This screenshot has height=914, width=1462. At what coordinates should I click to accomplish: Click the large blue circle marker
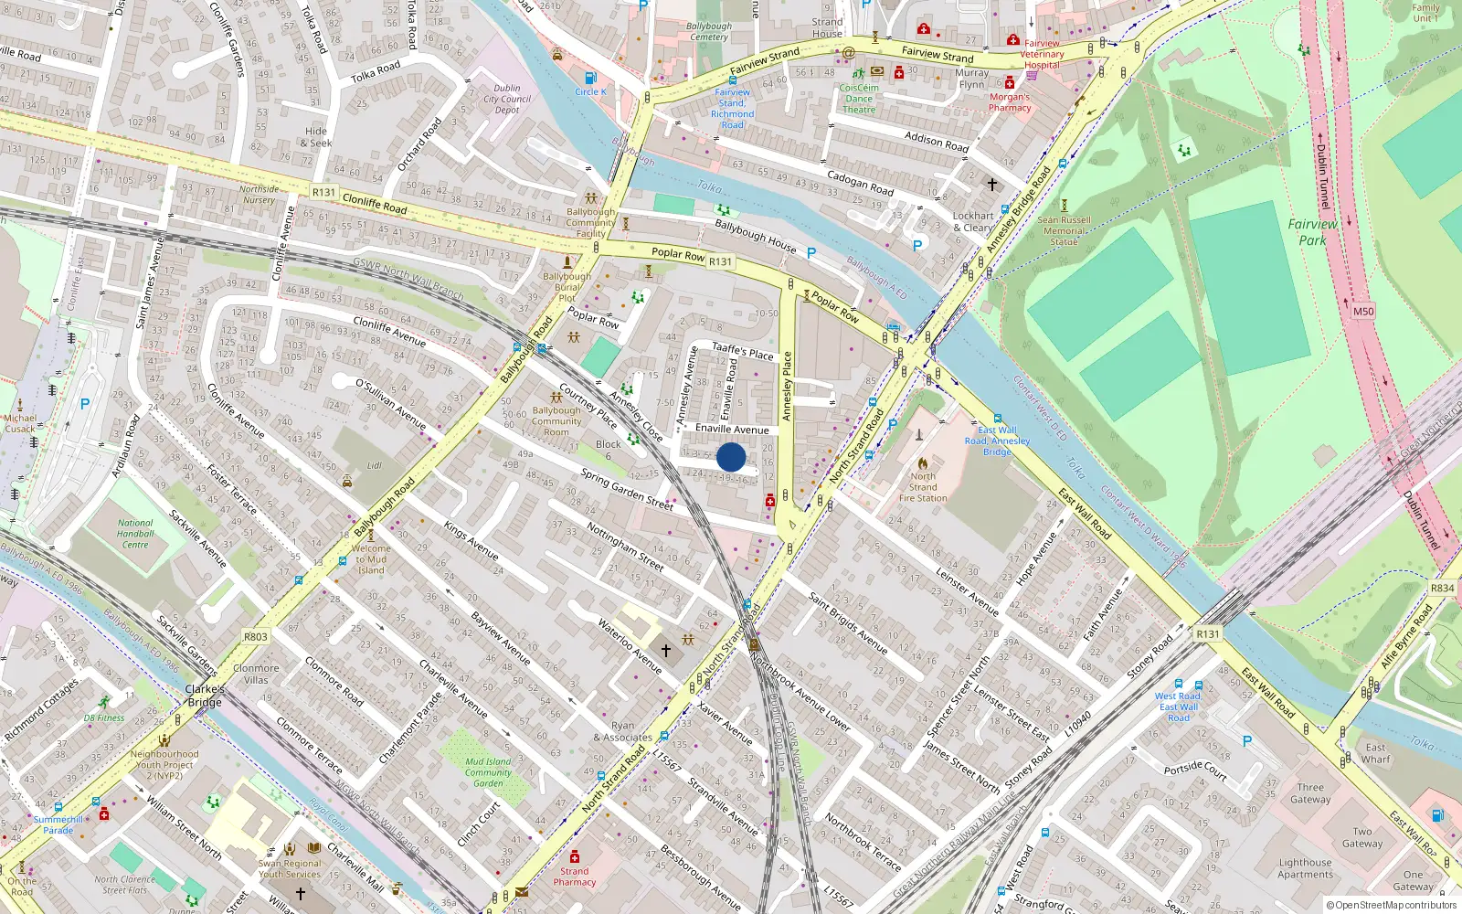click(731, 457)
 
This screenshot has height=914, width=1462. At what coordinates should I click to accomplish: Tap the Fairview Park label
click(1312, 232)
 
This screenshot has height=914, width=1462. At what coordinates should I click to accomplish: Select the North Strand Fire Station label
click(923, 487)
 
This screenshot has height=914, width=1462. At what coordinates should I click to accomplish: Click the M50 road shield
click(1362, 312)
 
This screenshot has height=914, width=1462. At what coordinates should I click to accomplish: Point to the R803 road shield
click(256, 637)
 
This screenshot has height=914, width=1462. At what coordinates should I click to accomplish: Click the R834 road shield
click(1442, 589)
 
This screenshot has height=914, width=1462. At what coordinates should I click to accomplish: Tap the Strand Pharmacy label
click(574, 877)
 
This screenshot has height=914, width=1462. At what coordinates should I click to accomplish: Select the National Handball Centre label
click(135, 534)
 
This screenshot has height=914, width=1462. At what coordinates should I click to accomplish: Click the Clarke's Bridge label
click(205, 696)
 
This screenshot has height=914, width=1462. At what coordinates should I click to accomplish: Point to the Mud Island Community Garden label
click(488, 772)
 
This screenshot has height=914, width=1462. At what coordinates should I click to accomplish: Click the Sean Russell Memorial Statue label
click(1064, 230)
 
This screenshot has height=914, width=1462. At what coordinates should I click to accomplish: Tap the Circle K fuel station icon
click(590, 79)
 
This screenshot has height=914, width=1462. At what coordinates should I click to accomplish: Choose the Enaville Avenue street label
click(732, 429)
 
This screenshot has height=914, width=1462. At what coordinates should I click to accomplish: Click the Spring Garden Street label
click(627, 489)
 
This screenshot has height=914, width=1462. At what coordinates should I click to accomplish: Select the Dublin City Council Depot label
click(507, 100)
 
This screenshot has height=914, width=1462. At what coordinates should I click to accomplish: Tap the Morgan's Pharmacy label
click(1010, 102)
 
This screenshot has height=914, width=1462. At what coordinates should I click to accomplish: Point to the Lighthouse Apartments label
click(1305, 868)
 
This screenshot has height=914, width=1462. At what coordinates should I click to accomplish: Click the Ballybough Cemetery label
click(709, 32)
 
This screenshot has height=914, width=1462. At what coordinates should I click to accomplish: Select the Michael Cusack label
click(20, 423)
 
